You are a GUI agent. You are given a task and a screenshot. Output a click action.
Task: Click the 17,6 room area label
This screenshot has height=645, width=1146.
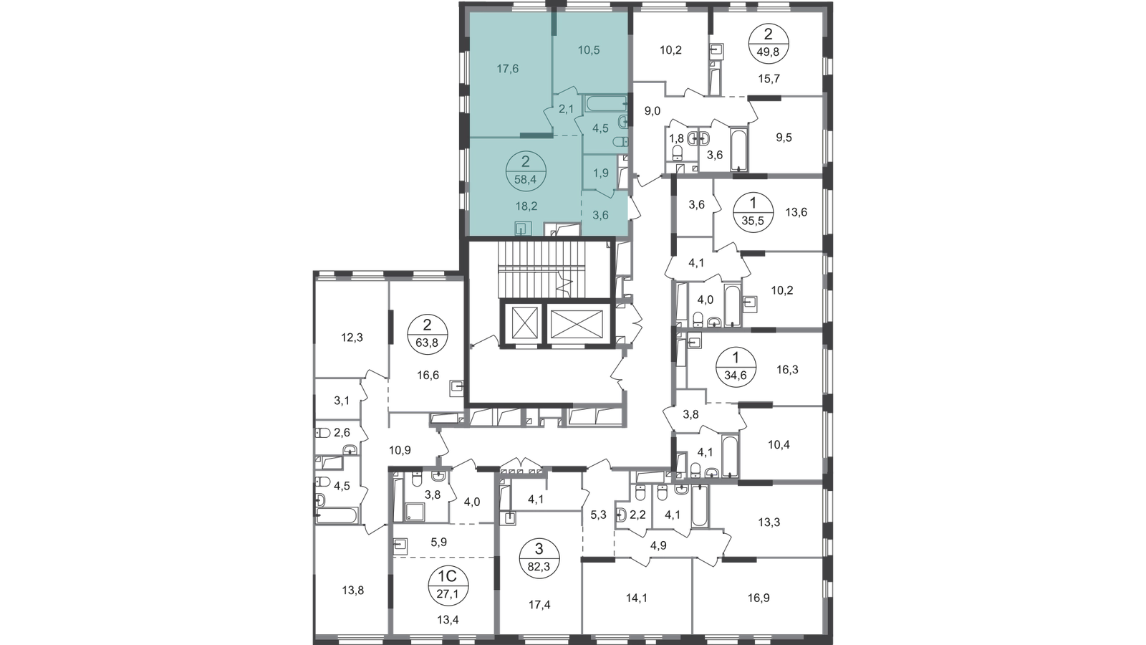coord(507,70)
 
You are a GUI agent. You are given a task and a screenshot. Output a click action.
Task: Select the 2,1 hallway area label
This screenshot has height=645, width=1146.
coord(566,109)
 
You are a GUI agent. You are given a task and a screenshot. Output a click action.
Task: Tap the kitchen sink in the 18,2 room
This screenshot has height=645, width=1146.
coord(524,229)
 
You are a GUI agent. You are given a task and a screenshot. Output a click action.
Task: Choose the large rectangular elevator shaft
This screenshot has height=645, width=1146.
coord(577,328)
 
